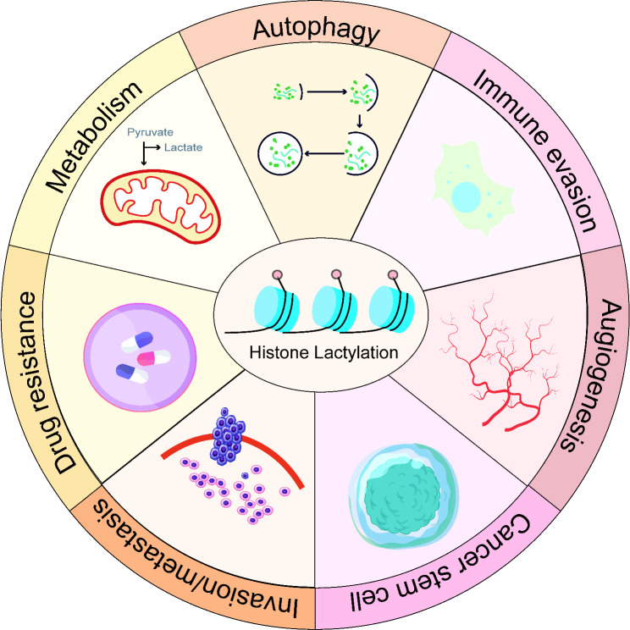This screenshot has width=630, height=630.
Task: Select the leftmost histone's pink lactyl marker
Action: pyautogui.click(x=276, y=275)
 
